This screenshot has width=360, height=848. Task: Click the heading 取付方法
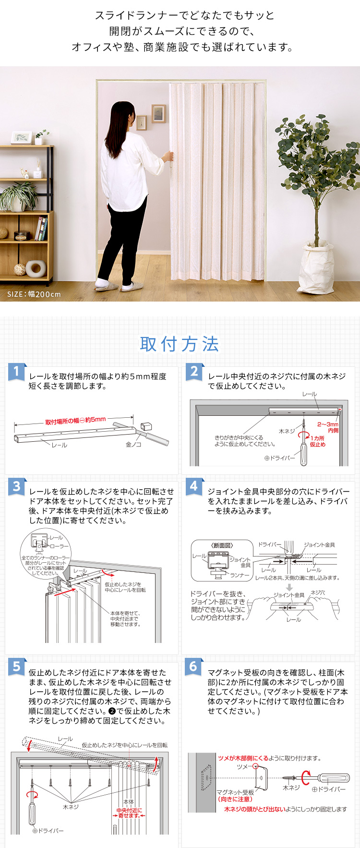pyautogui.click(x=180, y=344)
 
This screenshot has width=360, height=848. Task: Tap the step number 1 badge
pyautogui.click(x=16, y=372)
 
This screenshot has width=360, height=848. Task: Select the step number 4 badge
pyautogui.click(x=193, y=486)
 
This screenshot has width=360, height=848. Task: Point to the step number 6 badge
pyautogui.click(x=193, y=666)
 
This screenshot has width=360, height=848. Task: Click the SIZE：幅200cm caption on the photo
pyautogui.click(x=34, y=294)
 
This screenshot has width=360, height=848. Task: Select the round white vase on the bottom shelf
pyautogui.click(x=36, y=268)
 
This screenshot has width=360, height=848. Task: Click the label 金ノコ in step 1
pyautogui.click(x=133, y=445)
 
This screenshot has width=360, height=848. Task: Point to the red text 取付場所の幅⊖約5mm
pyautogui.click(x=75, y=421)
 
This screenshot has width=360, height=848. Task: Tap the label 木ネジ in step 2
pyautogui.click(x=287, y=431)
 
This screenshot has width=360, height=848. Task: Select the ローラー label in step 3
pyautogui.click(x=60, y=546)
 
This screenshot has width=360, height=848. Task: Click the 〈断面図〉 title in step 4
pyautogui.click(x=222, y=545)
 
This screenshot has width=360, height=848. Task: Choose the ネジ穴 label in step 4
pyautogui.click(x=318, y=593)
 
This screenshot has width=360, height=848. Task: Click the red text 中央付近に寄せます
pyautogui.click(x=129, y=813)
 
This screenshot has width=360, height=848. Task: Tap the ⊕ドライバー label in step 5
pyautogui.click(x=48, y=830)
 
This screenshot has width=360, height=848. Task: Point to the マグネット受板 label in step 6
pyautogui.click(x=235, y=792)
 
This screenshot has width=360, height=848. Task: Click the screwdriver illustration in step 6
pyautogui.click(x=326, y=776)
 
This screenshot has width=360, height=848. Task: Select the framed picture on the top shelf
pyautogui.click(x=21, y=138)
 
